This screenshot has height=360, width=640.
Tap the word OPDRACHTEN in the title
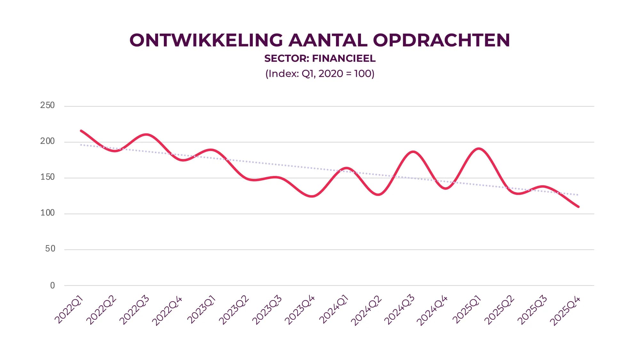(441, 40)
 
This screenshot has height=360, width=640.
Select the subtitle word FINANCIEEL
(344, 59)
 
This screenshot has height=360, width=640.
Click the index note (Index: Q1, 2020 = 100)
(320, 74)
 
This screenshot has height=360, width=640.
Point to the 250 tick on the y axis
(47, 105)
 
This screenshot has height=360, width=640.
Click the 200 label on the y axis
(47, 141)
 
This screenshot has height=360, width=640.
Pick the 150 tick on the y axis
(47, 177)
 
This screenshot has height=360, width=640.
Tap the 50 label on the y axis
(50, 249)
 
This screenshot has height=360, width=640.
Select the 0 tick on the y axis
(52, 285)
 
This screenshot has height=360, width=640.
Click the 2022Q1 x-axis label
(69, 310)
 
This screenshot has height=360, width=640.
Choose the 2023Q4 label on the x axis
(300, 310)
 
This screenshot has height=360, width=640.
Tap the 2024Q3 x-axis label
(399, 310)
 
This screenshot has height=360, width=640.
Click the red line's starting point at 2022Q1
(81, 131)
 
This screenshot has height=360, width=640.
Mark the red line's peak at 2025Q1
(479, 149)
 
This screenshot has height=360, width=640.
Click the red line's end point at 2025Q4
(578, 206)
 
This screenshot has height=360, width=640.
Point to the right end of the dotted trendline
(577, 195)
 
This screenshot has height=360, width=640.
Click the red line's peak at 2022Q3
(147, 134)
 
